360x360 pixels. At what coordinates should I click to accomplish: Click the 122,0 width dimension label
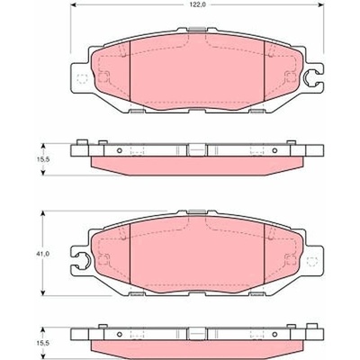click(197, 4)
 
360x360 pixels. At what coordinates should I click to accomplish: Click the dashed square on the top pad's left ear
click(82, 79)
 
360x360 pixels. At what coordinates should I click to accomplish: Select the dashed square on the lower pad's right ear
click(311, 262)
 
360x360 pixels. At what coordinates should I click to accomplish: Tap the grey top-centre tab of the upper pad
click(197, 29)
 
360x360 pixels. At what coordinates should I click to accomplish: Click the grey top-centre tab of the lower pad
click(197, 211)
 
